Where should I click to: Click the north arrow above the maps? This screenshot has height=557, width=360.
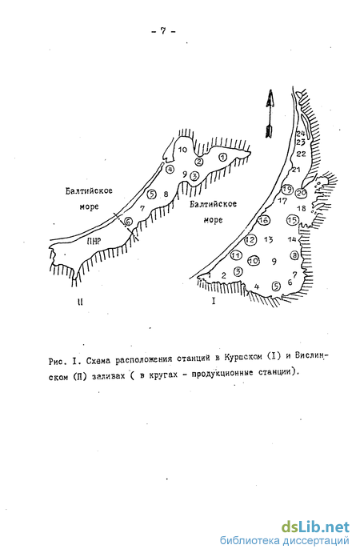tap(269, 114)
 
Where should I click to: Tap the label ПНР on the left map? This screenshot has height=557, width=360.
tap(94, 241)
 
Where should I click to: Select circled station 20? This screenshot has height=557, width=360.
tap(301, 193)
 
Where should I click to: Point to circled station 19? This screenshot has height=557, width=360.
tap(287, 190)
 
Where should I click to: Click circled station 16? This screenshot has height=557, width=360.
tap(263, 221)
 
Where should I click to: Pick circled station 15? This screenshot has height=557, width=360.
tap(293, 220)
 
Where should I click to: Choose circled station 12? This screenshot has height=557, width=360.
tap(250, 239)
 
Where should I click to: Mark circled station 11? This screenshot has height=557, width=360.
tap(236, 255)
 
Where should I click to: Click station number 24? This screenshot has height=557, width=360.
tap(301, 134)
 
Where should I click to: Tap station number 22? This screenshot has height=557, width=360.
tap(301, 154)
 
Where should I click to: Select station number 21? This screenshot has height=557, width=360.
tap(296, 170)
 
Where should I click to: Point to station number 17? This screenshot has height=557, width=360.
tap(282, 201)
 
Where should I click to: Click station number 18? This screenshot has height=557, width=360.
tap(301, 208)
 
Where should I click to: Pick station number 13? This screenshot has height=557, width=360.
tap(269, 239)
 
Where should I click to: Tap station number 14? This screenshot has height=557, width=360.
tap(292, 239)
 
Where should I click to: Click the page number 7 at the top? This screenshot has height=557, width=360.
tap(163, 30)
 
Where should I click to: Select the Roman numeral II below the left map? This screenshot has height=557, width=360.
tap(80, 302)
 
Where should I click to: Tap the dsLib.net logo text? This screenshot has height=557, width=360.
tap(316, 527)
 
